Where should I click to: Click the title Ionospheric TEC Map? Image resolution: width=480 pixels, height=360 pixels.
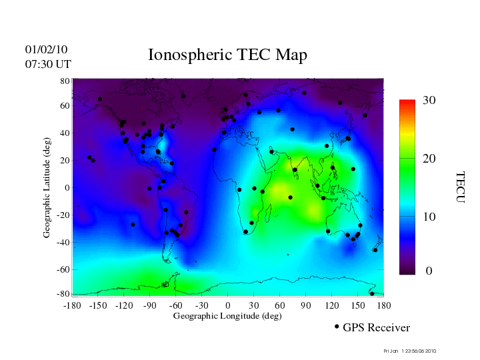click(x=227, y=55)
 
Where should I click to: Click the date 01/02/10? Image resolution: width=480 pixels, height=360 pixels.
click(x=46, y=49)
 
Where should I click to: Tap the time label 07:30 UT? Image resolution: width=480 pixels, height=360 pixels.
click(x=48, y=64)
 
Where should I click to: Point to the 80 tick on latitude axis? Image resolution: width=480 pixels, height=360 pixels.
click(x=65, y=81)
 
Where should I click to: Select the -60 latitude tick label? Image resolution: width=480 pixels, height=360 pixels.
click(x=63, y=270)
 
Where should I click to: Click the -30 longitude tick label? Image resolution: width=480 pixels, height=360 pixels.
click(x=202, y=305)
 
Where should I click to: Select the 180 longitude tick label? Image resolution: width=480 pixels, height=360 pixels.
click(x=384, y=305)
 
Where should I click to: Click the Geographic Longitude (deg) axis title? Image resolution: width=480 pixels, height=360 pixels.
click(x=227, y=316)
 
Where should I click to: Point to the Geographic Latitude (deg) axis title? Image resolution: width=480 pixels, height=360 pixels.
click(x=47, y=192)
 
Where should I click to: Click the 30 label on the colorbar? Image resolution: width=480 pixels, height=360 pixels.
click(x=429, y=100)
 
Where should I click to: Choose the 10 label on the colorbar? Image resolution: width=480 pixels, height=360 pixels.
click(x=429, y=218)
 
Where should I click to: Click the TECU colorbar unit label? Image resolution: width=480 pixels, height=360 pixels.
click(x=460, y=187)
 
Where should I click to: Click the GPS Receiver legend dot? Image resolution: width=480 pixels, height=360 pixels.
click(x=337, y=327)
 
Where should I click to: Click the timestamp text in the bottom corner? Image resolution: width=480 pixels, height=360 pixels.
click(x=410, y=351)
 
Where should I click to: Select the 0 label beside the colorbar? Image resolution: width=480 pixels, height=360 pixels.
click(x=429, y=271)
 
